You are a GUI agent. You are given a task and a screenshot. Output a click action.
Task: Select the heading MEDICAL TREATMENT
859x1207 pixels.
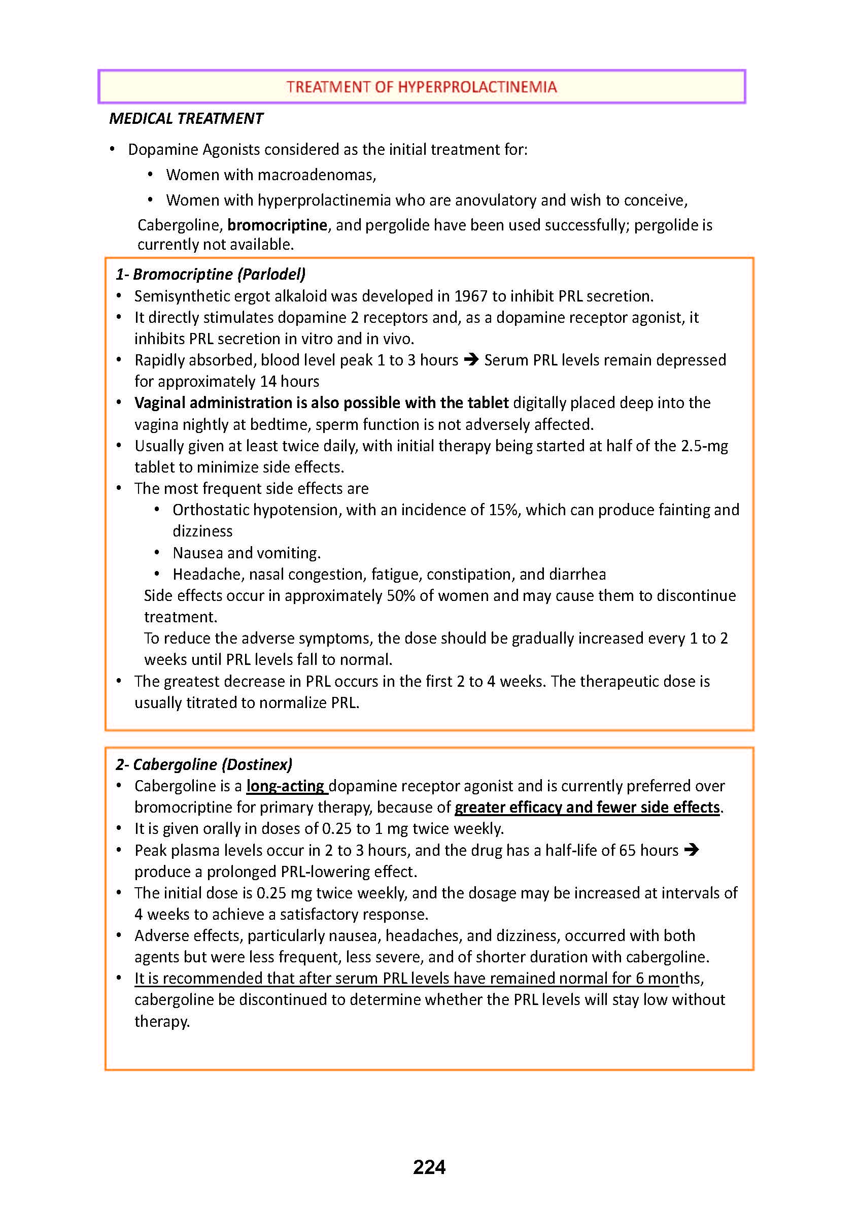click(186, 119)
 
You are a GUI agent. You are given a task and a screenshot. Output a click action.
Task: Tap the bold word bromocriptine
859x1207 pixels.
click(277, 225)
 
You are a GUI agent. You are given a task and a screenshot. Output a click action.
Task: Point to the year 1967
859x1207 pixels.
click(471, 296)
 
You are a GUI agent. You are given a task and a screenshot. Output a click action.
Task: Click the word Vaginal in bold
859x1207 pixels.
click(160, 403)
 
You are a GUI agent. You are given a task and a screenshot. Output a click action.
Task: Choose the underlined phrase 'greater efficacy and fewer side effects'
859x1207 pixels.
click(587, 808)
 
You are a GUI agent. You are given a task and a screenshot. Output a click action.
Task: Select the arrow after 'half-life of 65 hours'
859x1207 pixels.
click(692, 850)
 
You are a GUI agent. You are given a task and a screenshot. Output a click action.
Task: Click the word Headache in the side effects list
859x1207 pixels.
click(207, 575)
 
